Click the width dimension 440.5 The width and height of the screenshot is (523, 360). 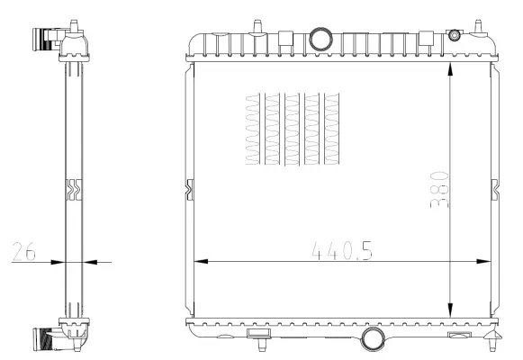coord(341,249)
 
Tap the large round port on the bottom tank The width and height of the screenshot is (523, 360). coord(371,339)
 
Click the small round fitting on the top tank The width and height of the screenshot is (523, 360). coord(454,35)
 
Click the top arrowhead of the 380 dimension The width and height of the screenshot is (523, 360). coord(450,69)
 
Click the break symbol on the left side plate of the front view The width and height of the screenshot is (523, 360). coord(189,189)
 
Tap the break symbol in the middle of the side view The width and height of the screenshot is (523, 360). coord(73,190)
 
